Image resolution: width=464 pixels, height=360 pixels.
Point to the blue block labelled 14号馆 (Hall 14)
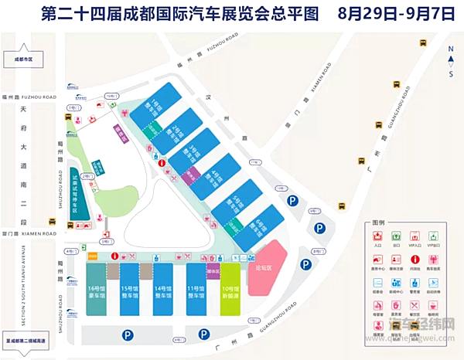164,287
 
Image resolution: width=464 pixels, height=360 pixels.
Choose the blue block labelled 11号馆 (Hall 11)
197,287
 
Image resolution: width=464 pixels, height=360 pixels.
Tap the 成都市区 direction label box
23,59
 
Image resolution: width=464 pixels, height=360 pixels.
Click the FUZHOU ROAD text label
41,97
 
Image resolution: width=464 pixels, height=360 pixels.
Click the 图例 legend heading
378,222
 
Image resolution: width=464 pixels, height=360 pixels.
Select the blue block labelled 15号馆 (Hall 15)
130,287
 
